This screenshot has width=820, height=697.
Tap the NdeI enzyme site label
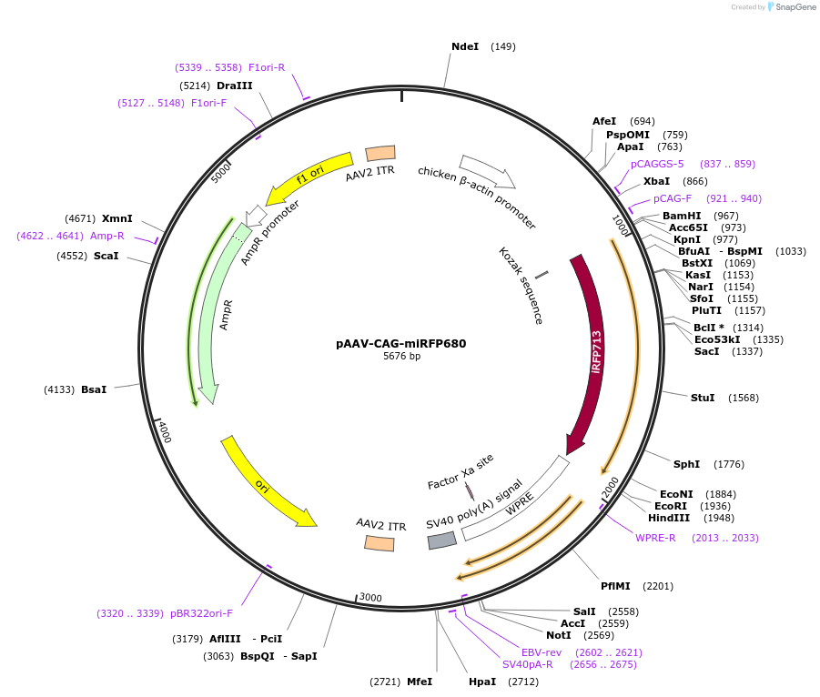(465, 46)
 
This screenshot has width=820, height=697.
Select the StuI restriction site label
(703, 398)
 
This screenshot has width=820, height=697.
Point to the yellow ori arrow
(268, 481)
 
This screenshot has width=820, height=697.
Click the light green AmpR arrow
(214, 318)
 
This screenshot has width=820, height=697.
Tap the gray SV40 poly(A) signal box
(442, 540)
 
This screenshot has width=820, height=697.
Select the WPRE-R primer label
(655, 538)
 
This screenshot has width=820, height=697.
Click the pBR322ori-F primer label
(201, 613)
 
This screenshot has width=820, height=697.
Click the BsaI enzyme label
(94, 389)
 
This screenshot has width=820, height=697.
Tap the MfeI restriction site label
(420, 682)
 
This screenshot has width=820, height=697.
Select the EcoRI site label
(671, 506)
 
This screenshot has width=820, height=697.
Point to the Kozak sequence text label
(521, 285)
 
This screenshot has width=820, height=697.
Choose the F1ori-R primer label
(267, 67)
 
